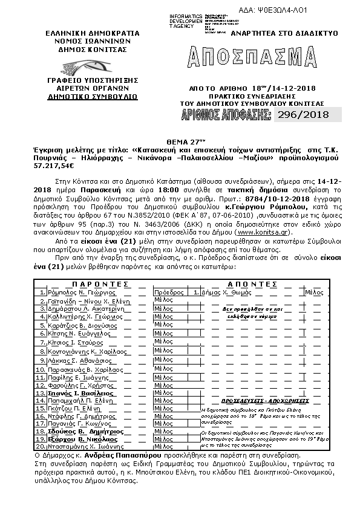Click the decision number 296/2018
click(x=301, y=114)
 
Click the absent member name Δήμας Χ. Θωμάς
click(x=225, y=291)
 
